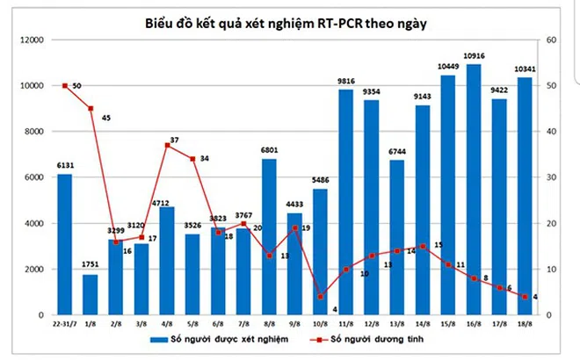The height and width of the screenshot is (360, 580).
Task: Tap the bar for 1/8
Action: point(91,295)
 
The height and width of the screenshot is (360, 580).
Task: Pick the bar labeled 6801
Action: point(269,237)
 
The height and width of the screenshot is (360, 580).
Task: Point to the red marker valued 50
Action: point(65,85)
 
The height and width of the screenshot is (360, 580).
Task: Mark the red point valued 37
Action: point(167,145)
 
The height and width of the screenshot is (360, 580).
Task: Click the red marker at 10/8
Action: point(320,296)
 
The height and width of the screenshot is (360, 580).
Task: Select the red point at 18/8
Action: point(524,296)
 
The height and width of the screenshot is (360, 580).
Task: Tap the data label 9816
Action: point(345,82)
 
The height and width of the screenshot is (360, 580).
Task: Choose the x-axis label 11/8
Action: point(345,324)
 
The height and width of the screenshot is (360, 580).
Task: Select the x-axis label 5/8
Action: point(192,324)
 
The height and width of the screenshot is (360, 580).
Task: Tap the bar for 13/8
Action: point(396,237)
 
